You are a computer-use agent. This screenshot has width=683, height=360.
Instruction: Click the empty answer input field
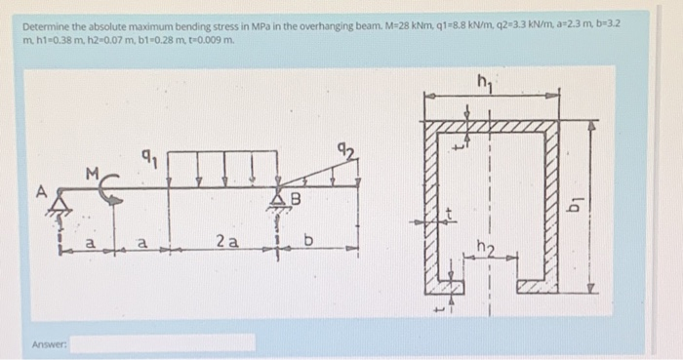point(162,342)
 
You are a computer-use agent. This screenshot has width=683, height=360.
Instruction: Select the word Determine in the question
point(43,25)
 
